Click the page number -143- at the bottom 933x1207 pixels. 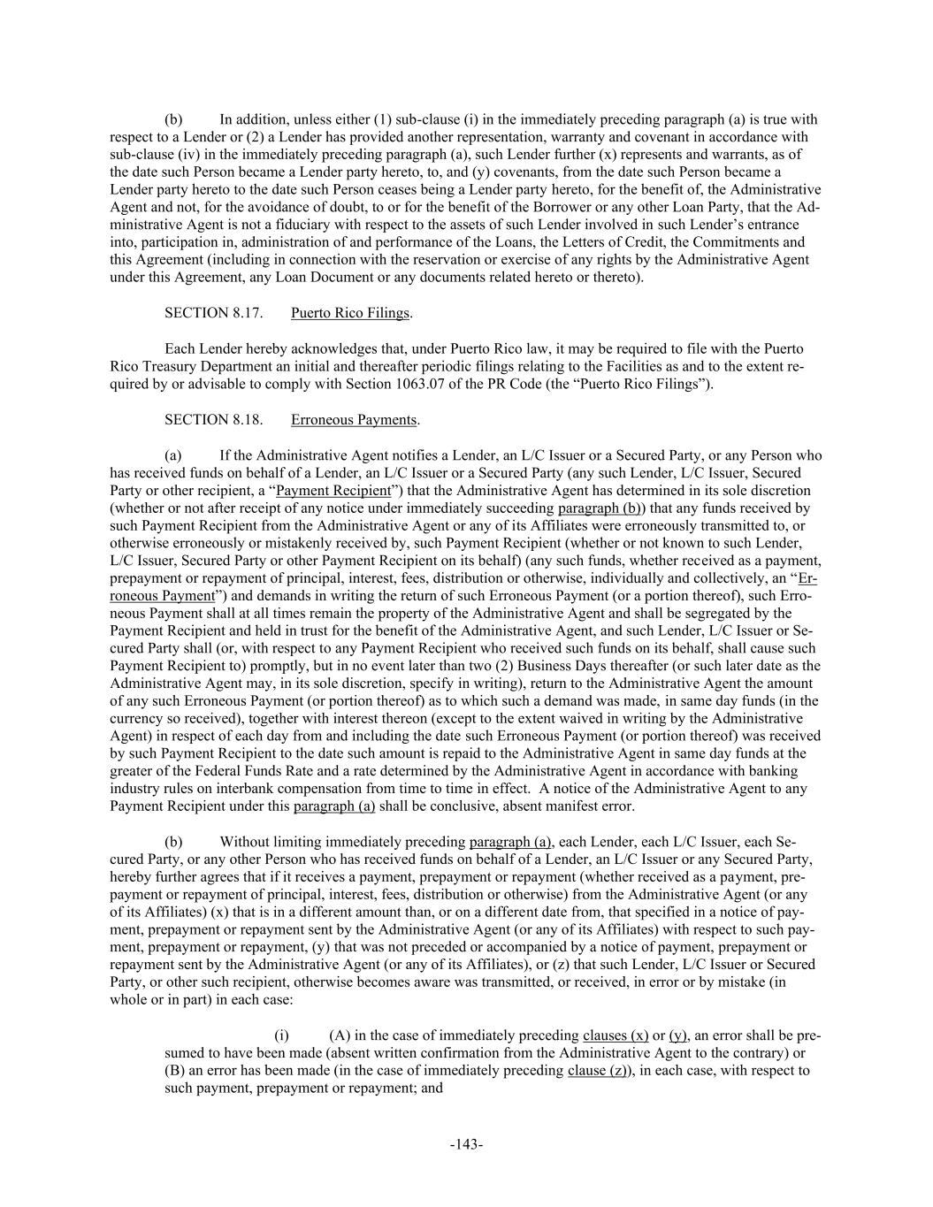[466, 1144]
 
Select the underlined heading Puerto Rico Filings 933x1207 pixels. [350, 313]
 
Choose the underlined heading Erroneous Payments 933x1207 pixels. [354, 420]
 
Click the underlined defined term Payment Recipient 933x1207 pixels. [333, 491]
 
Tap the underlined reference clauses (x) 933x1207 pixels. [616, 1035]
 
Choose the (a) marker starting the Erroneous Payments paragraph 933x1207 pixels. [173, 455]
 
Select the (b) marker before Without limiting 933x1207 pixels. [173, 841]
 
